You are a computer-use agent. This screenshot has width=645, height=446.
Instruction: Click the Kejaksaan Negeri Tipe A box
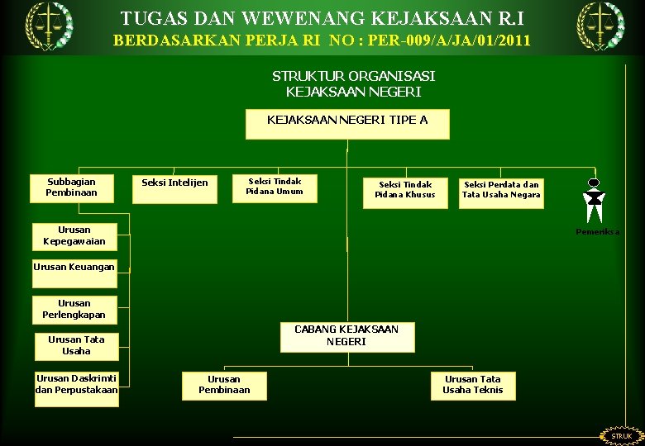347,124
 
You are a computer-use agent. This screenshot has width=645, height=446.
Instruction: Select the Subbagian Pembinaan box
72,187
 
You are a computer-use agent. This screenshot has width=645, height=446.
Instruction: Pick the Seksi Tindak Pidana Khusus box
405,192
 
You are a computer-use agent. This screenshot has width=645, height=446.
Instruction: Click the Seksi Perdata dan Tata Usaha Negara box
501,192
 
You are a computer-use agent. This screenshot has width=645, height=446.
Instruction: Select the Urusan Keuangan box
74,268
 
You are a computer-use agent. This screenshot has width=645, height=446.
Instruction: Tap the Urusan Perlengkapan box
74,310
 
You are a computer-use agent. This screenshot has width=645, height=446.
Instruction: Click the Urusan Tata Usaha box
76,346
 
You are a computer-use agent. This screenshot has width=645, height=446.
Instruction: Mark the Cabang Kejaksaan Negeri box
346,336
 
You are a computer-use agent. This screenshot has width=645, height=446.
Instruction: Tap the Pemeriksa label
597,233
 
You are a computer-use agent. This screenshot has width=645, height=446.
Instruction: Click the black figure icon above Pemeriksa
594,201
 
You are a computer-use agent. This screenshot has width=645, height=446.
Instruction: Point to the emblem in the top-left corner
48,26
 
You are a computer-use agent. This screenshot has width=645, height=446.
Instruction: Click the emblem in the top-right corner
600,26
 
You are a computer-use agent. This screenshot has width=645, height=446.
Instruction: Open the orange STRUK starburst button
621,435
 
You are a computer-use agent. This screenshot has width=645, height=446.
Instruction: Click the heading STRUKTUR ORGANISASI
353,76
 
